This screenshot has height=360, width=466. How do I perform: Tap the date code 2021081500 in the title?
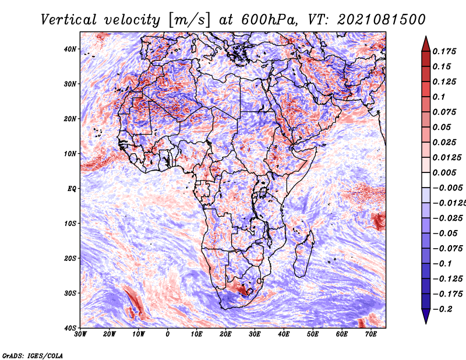382,20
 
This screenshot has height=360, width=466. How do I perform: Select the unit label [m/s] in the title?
189,20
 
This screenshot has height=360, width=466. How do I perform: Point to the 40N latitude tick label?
70,49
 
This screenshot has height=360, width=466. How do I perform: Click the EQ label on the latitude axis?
72,189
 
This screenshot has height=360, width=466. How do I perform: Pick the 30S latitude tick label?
70,293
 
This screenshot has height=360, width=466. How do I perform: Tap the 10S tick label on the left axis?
70,224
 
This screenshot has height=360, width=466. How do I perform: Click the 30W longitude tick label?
80,334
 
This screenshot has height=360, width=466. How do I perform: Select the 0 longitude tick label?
168,334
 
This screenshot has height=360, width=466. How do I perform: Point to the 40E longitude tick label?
284,334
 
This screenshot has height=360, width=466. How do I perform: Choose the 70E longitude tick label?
371,334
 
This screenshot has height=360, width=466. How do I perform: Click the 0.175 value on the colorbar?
444,51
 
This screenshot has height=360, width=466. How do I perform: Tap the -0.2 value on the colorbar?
443,309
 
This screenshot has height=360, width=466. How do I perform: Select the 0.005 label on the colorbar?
444,172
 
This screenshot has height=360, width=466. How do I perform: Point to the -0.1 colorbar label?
443,264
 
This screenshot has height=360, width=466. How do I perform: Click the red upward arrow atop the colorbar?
426,44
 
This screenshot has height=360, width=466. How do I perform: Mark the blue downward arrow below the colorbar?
426,316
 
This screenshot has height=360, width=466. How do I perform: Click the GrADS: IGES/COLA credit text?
33,355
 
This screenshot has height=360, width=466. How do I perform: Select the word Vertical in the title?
69,20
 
